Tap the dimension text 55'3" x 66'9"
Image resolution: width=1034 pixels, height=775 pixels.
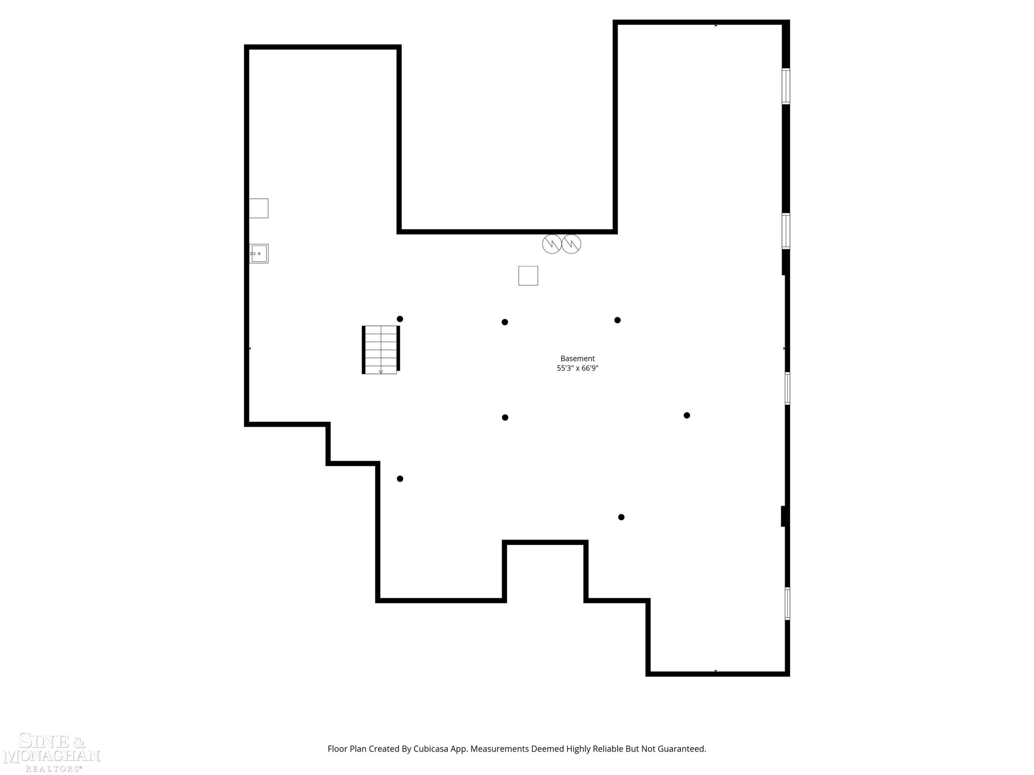[577, 368]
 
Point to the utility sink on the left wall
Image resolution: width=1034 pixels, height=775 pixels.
[259, 254]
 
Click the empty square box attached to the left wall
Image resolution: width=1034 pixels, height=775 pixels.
[258, 208]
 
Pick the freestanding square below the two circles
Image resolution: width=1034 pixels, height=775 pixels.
[528, 276]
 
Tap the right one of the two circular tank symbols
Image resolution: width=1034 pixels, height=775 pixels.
[571, 244]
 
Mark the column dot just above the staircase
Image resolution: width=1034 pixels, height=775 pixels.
[400, 319]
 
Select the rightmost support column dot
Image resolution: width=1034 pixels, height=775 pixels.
[687, 415]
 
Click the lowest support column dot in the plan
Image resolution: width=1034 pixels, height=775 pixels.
[621, 517]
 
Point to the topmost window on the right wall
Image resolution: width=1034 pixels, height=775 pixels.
[786, 86]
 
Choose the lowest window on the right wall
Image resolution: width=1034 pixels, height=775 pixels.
[787, 603]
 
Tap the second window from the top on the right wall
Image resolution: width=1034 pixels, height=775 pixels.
[786, 231]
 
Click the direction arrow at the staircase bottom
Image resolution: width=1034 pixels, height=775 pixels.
[381, 372]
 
